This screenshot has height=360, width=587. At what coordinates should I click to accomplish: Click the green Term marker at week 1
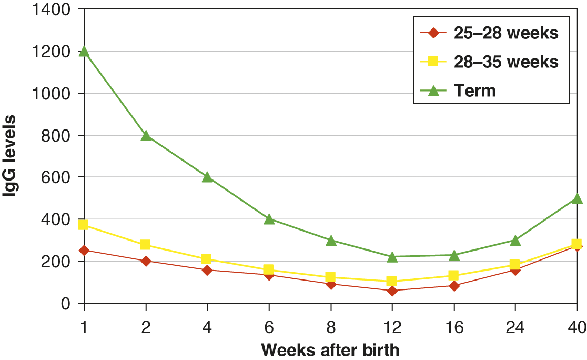coord(84,52)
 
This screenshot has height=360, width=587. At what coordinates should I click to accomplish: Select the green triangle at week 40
coord(576,198)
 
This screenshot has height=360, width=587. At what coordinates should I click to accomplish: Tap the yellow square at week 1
coord(84,225)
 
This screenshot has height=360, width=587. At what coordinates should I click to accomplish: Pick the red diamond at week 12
coord(392,291)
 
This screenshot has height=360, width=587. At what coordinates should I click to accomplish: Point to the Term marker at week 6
coord(269,219)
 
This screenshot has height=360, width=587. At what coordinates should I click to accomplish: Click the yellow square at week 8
coord(330,277)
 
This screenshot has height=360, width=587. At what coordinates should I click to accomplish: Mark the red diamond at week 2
coord(146,261)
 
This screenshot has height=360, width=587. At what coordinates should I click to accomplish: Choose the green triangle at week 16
coord(453,255)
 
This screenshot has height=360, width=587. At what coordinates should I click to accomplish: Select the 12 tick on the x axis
coord(392,327)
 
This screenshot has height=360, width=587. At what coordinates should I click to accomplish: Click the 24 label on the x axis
coord(515,327)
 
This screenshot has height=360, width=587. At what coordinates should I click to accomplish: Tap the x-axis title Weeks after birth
coord(330,350)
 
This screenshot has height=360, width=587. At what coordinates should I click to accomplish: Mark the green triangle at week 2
coord(146,136)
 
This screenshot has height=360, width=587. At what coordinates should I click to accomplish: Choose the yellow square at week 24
coord(515,265)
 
